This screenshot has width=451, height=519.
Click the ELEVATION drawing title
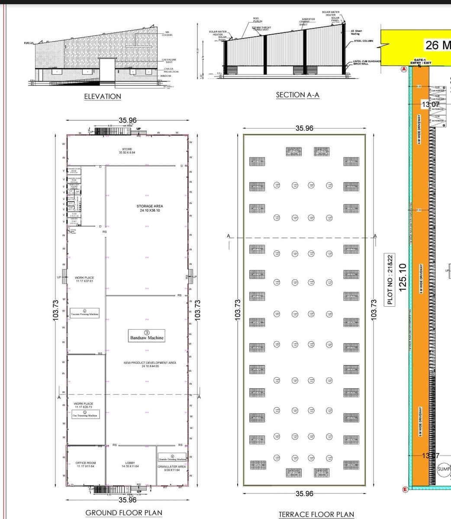pyautogui.click(x=103, y=96)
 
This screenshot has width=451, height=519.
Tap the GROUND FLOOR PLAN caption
pyautogui.click(x=124, y=513)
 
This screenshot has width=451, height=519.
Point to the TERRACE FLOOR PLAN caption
pyautogui.click(x=316, y=514)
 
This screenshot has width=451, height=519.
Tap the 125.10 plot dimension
pyautogui.click(x=403, y=277)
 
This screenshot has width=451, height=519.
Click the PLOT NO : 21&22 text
pyautogui.click(x=390, y=279)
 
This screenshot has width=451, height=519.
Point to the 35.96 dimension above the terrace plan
pyautogui.click(x=304, y=128)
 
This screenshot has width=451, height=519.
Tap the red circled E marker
pyautogui.click(x=405, y=490)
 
